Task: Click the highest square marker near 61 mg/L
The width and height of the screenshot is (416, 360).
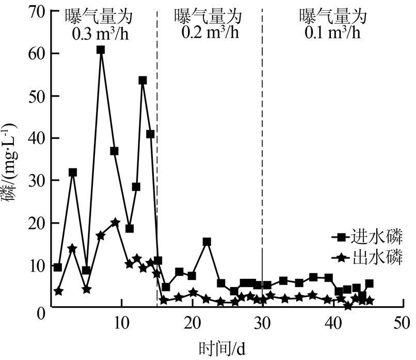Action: tap(101, 50)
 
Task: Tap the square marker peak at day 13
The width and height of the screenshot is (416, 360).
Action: tap(142, 80)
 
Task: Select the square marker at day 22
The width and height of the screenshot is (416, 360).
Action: tap(207, 241)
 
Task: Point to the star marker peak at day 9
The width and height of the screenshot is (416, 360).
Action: tap(115, 223)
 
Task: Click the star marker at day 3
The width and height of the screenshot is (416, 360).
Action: tap(72, 248)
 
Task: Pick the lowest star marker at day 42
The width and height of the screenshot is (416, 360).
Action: tap(348, 306)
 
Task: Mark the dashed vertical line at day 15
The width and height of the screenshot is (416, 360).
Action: tap(157, 155)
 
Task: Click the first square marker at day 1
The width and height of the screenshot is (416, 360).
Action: tap(58, 267)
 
